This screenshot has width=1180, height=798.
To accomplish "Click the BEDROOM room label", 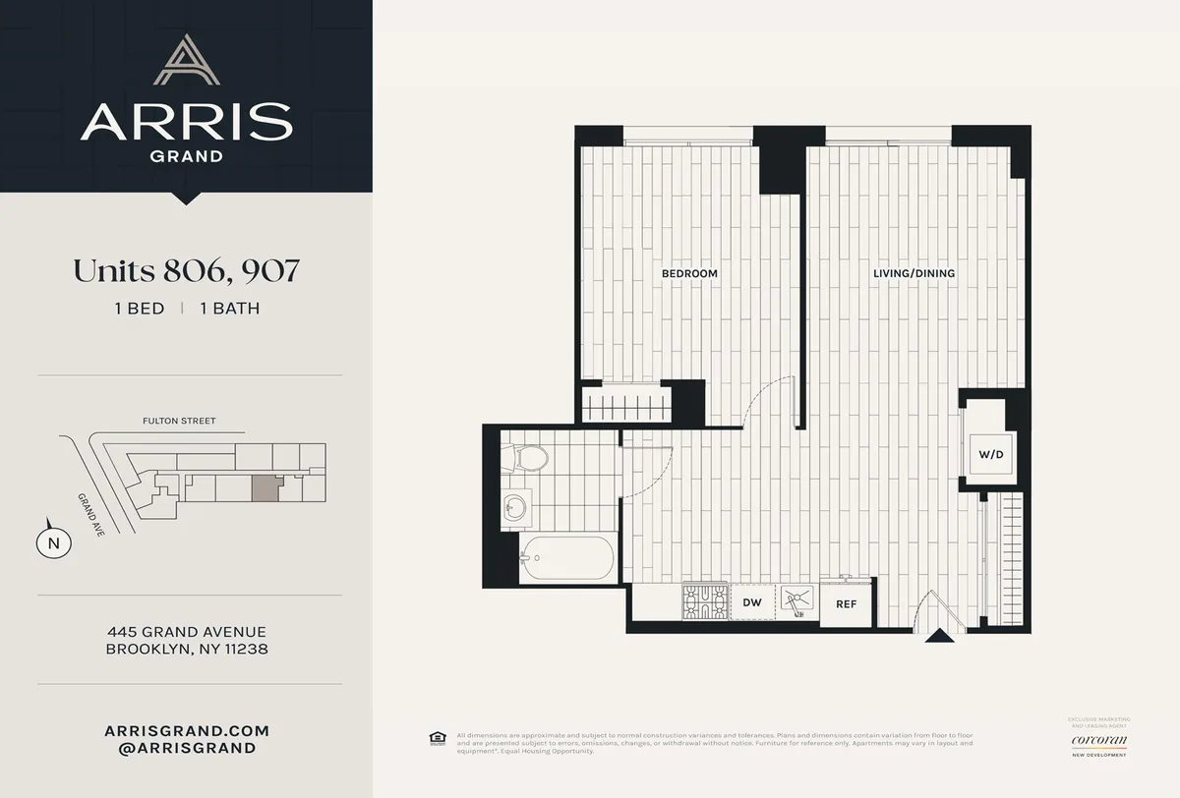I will pyautogui.click(x=688, y=273).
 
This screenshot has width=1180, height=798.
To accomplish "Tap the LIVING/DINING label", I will pyautogui.click(x=914, y=273).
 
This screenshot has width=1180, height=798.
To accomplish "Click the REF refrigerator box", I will pyautogui.click(x=846, y=605).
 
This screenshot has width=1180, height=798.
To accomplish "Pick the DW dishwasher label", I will pyautogui.click(x=752, y=602).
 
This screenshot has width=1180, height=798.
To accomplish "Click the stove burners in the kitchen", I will pyautogui.click(x=704, y=601).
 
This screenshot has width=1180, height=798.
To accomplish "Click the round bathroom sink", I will pyautogui.click(x=513, y=507).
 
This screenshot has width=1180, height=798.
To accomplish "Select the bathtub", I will pyautogui.click(x=567, y=558).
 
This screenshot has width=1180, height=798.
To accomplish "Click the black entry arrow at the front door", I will pyautogui.click(x=940, y=636).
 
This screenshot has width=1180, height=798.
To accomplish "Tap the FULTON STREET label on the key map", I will pyautogui.click(x=178, y=422).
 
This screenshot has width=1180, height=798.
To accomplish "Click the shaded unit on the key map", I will pyautogui.click(x=264, y=488).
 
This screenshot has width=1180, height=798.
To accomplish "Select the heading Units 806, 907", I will pyautogui.click(x=186, y=272).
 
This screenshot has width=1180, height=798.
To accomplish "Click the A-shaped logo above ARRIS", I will pyautogui.click(x=186, y=61).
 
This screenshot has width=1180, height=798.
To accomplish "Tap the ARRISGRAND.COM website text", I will pyautogui.click(x=186, y=731).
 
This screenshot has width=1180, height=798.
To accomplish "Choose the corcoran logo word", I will pyautogui.click(x=1099, y=738).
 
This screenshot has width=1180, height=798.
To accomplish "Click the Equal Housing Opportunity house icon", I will pyautogui.click(x=437, y=738).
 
